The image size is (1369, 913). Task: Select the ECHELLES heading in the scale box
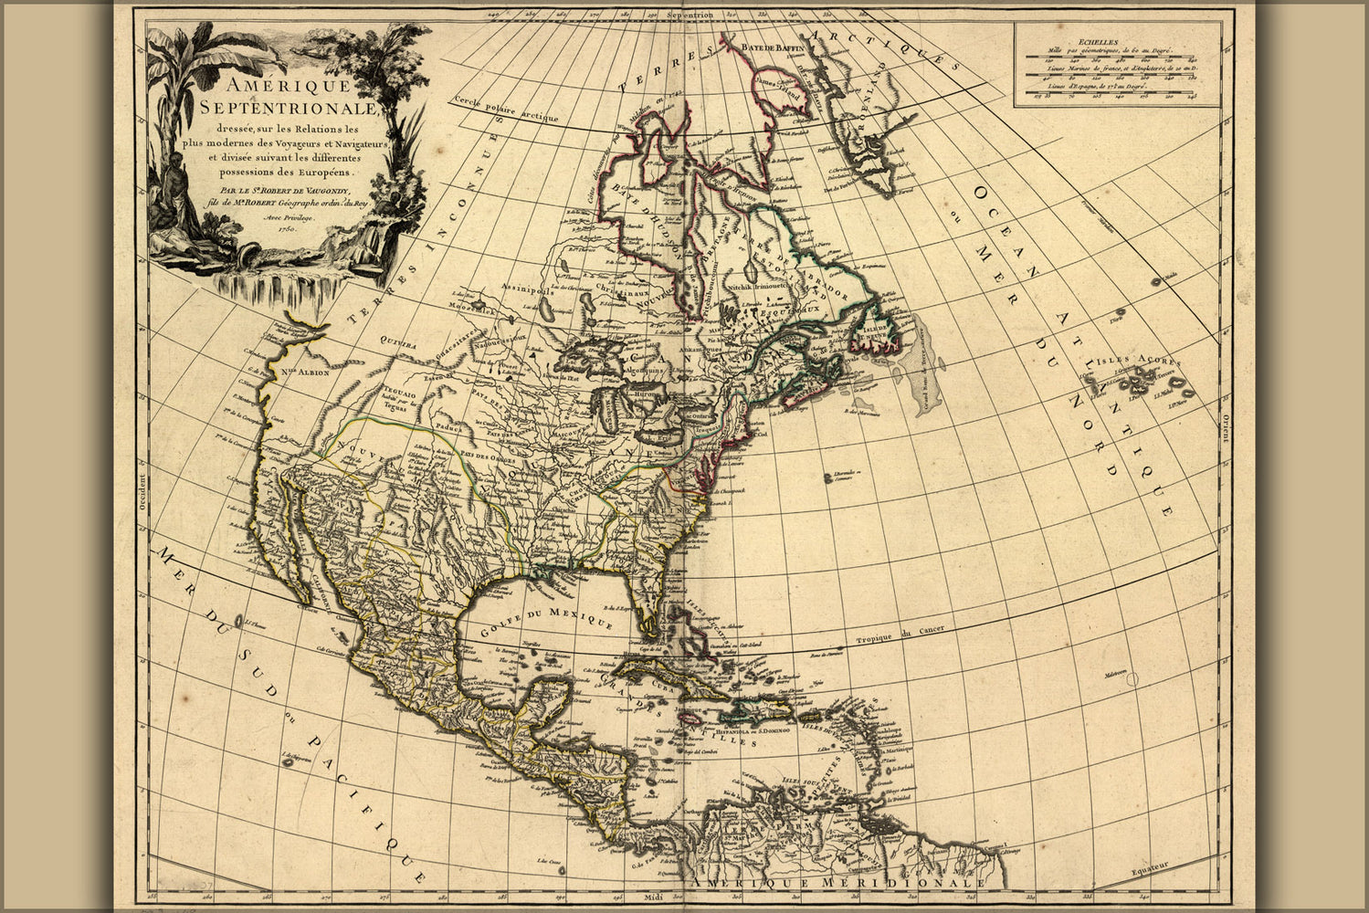(1109, 41)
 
